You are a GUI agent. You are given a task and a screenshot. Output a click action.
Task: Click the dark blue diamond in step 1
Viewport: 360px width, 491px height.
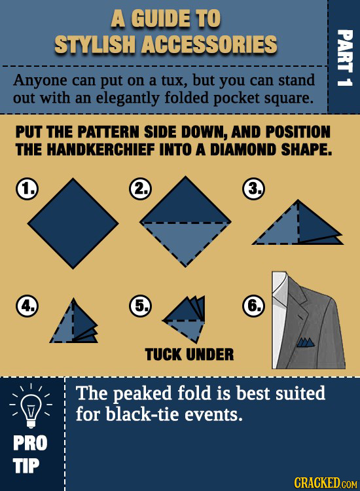click(73, 219)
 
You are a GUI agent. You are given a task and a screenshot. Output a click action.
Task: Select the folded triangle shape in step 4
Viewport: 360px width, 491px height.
click(76, 323)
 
